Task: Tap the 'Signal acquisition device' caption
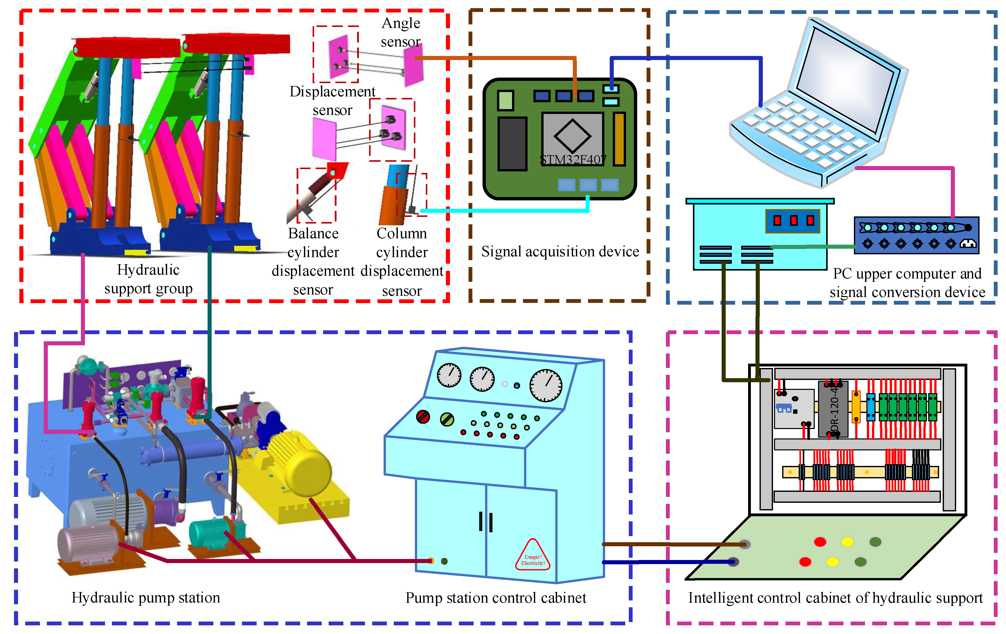[x=560, y=252]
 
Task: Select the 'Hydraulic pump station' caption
[x=145, y=598]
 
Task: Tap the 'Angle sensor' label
[x=401, y=32]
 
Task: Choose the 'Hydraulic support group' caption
[x=148, y=279]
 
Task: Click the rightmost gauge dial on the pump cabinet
[x=546, y=385]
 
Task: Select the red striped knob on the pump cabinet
[x=423, y=416]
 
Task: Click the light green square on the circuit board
[x=505, y=100]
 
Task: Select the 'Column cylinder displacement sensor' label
[x=402, y=261]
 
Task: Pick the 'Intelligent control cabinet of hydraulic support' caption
[x=835, y=598]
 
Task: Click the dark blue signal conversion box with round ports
[x=916, y=235]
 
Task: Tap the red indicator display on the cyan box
[x=793, y=220]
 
